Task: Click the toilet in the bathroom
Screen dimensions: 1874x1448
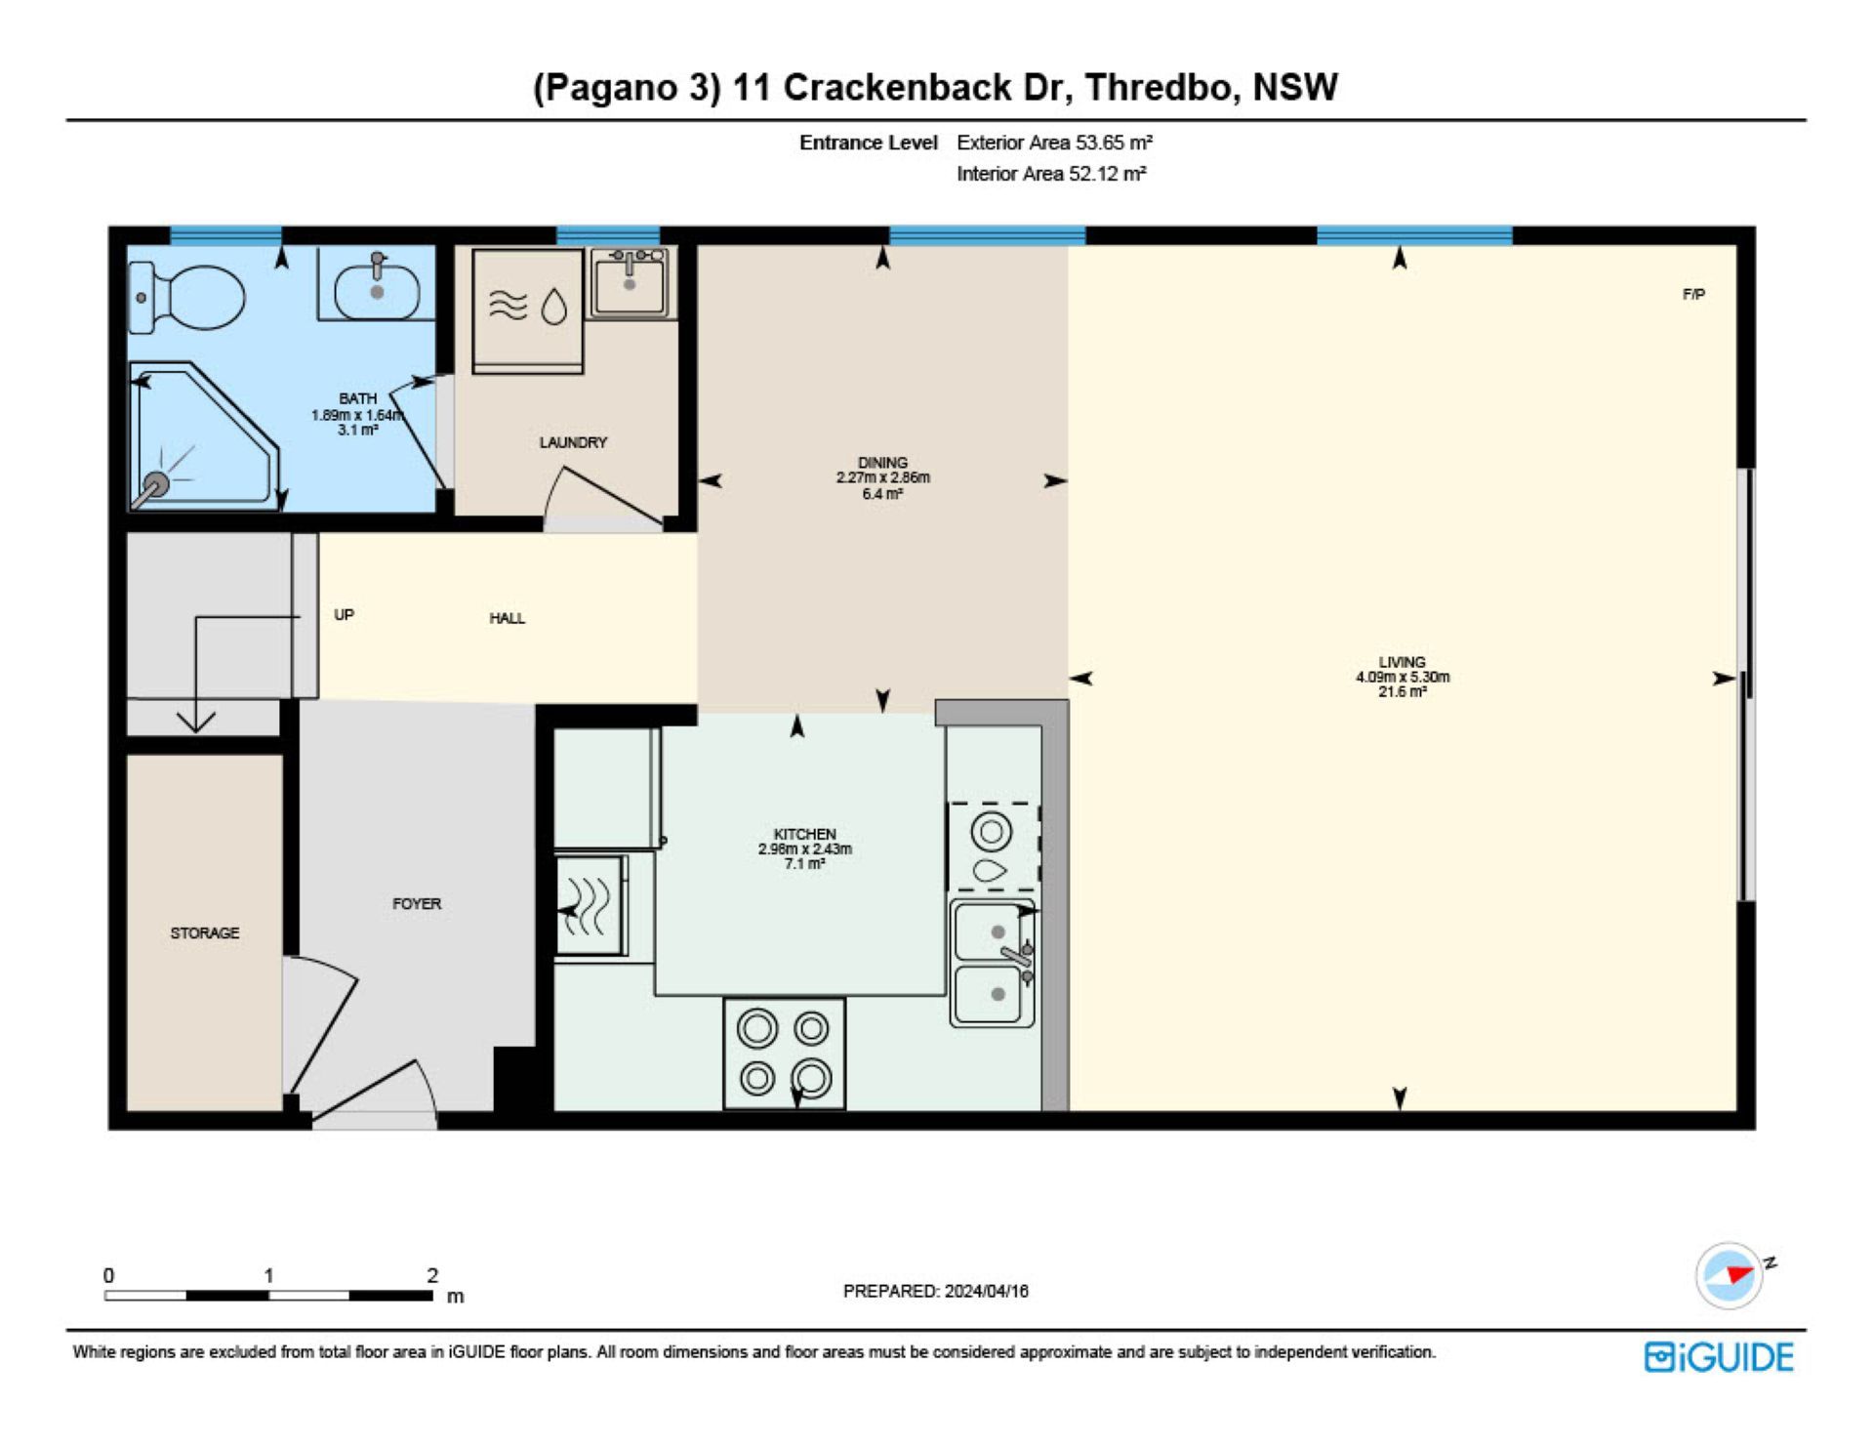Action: pos(187,297)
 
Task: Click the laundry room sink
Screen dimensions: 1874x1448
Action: pos(630,282)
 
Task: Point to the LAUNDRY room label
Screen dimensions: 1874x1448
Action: pos(573,442)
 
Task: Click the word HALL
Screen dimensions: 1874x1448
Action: pos(507,618)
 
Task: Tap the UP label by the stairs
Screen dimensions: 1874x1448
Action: pos(344,614)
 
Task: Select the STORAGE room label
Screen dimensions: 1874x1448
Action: pos(205,933)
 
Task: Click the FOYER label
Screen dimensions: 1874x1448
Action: pos(417,904)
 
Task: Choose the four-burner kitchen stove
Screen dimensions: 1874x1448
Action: pos(784,1054)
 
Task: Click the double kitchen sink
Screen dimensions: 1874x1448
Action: pos(993,963)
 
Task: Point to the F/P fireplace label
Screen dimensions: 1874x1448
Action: pos(1693,294)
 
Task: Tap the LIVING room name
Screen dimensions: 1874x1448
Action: pos(1402,662)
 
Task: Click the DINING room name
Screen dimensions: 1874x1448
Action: pos(882,463)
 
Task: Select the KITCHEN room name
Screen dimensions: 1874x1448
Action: pos(804,834)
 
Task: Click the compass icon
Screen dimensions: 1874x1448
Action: pos(1731,1274)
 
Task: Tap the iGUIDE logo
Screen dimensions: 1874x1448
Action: pos(1719,1357)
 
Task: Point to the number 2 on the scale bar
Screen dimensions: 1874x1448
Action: pos(432,1275)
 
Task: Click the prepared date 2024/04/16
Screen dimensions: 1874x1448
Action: pos(986,1291)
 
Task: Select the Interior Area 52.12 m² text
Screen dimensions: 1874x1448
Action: pos(1051,174)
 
